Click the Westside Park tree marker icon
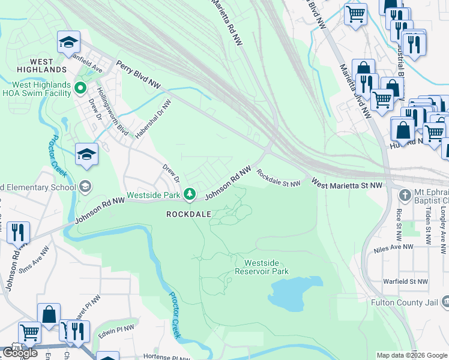[190, 193]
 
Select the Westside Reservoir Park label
[266, 267]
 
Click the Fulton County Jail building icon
[445, 301]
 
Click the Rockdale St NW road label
[278, 178]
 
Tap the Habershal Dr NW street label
[153, 119]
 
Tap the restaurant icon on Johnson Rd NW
[18, 232]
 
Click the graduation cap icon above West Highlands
[68, 42]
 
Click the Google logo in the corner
[20, 353]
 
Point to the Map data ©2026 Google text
[412, 355]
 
